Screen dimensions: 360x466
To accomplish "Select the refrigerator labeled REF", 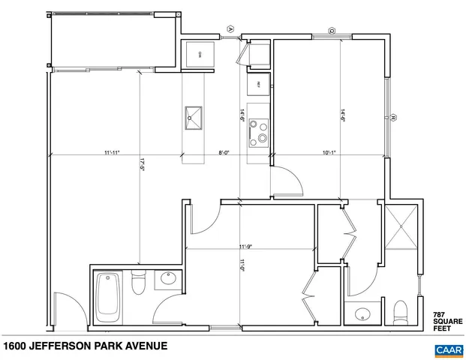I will [x=258, y=84].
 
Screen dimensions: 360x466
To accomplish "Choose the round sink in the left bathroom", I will [x=167, y=280].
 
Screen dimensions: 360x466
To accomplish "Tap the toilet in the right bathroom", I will [x=399, y=309].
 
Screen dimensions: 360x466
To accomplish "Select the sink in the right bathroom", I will [x=363, y=313].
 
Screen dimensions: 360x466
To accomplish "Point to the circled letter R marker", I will [x=392, y=117].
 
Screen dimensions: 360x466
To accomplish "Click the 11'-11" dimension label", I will [x=112, y=153].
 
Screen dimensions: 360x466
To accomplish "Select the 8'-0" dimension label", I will [x=224, y=153].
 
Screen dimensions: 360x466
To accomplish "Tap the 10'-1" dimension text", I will [x=330, y=153].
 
